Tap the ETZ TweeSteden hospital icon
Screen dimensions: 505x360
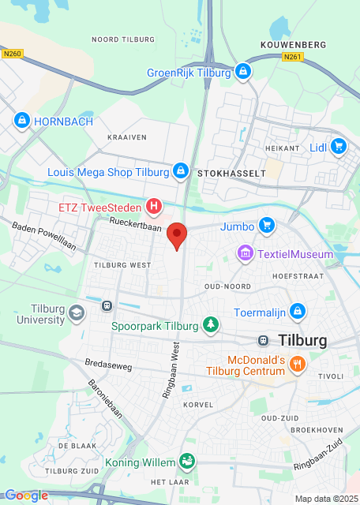155,208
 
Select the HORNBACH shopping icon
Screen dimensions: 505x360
21,121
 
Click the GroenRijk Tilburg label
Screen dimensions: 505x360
189,73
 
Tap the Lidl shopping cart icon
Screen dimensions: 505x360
339,146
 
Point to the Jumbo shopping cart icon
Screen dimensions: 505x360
266,226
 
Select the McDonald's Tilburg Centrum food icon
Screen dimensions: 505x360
297,364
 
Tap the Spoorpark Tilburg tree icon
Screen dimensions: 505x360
210,324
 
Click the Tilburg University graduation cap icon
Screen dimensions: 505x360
77,313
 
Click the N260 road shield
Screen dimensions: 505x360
12,54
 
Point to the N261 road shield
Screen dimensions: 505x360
292,57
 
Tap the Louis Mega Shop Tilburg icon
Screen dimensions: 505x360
181,171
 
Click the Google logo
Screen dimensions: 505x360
26,496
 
